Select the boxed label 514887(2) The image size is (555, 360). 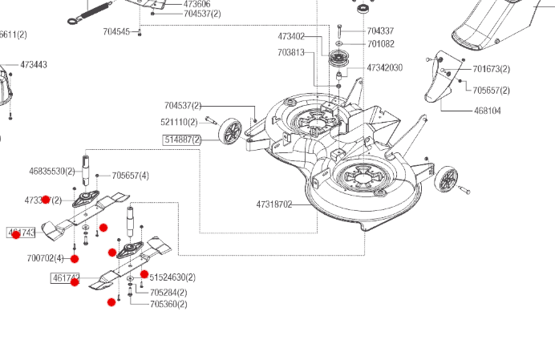[x=183, y=139]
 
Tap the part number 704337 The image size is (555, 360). [x=380, y=31]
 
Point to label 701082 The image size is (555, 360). [x=380, y=44]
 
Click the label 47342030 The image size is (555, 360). [x=384, y=68]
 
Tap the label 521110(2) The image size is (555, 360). [x=179, y=122]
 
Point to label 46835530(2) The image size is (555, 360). [x=52, y=171]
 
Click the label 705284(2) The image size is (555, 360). [x=168, y=292]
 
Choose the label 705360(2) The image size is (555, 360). [x=168, y=304]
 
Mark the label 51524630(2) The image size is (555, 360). [x=172, y=277]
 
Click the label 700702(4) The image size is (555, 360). [x=45, y=258]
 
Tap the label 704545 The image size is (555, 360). [x=116, y=31]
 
